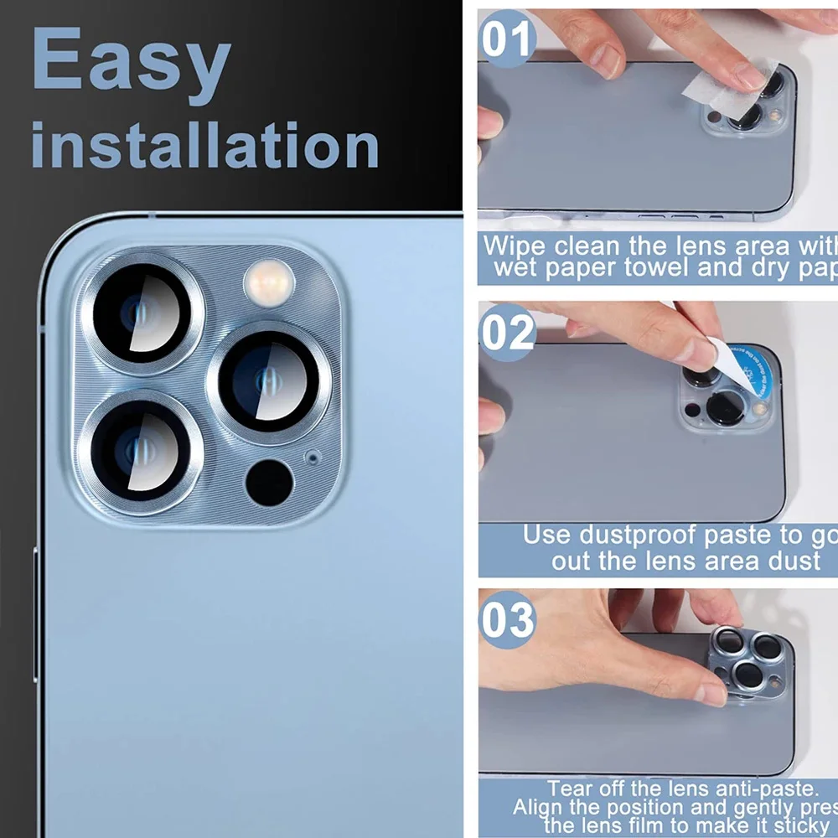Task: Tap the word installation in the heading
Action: click(x=205, y=145)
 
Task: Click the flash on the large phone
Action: click(x=269, y=282)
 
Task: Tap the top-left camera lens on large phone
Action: click(x=141, y=312)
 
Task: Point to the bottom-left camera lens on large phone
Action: click(x=141, y=450)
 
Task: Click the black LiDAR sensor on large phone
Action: click(x=270, y=483)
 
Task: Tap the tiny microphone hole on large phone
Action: click(x=313, y=458)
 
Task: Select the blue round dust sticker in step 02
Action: click(x=750, y=369)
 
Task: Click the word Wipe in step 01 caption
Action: click(x=515, y=246)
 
